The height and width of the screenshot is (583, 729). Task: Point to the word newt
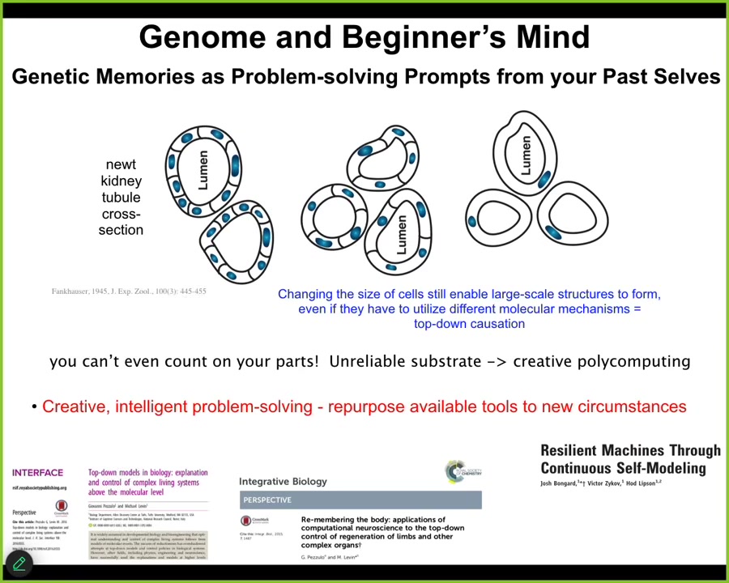(x=121, y=164)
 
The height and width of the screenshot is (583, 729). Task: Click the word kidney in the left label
(x=121, y=181)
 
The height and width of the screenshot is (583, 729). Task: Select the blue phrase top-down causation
(x=469, y=324)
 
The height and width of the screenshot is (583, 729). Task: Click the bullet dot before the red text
(x=35, y=406)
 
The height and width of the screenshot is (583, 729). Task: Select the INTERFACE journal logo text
(x=37, y=473)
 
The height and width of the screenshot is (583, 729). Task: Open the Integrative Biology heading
(x=283, y=481)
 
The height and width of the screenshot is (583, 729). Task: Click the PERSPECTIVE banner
(x=360, y=500)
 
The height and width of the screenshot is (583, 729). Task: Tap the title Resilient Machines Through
(x=630, y=451)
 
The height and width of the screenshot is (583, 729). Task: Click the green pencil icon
(x=19, y=564)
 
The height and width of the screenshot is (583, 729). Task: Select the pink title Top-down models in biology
(x=147, y=477)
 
